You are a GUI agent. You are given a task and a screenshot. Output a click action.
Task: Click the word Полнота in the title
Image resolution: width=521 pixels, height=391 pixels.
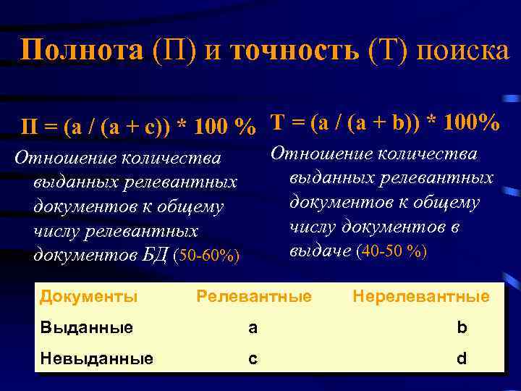[82, 51]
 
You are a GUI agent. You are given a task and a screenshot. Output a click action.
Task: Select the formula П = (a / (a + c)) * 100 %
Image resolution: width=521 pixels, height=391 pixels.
[137, 128]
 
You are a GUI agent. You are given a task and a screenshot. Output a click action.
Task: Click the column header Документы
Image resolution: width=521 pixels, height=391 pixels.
[88, 296]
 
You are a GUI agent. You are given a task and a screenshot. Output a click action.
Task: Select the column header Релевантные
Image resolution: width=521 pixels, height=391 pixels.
[254, 296]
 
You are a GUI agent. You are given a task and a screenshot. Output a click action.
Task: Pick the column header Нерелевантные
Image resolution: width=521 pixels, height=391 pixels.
[420, 296]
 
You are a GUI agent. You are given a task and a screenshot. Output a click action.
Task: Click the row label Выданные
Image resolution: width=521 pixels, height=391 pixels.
[86, 327]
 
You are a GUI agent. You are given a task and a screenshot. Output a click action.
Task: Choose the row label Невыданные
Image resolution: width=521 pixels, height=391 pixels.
[96, 358]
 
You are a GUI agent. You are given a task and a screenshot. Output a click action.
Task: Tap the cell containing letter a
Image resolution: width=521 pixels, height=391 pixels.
[253, 327]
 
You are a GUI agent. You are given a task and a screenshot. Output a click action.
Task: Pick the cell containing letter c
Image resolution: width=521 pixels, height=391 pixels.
[253, 358]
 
